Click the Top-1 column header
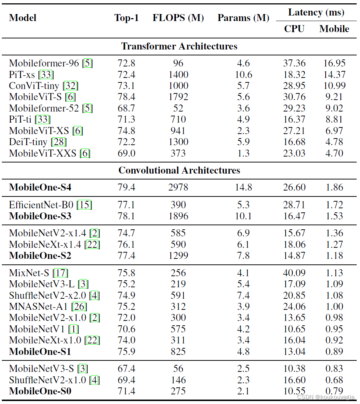click(x=126, y=18)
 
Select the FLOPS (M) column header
click(x=178, y=18)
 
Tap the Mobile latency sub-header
click(x=334, y=29)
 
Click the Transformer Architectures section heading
click(x=179, y=46)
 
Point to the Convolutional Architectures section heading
click(x=179, y=170)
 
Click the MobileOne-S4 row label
click(x=40, y=187)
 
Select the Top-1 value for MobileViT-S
click(x=126, y=97)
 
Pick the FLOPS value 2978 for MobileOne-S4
click(x=178, y=187)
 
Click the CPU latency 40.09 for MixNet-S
click(x=294, y=273)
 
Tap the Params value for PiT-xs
click(x=243, y=75)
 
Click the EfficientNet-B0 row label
click(x=43, y=205)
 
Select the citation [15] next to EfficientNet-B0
click(x=85, y=205)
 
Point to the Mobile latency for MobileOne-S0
click(x=334, y=391)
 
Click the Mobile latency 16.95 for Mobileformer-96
click(x=334, y=64)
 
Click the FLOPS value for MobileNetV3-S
click(x=178, y=369)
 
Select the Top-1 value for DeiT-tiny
click(x=126, y=142)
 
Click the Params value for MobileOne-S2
click(x=243, y=256)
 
